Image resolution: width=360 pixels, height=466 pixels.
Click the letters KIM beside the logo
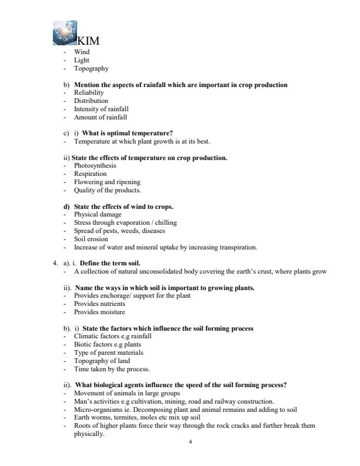pyautogui.click(x=88, y=41)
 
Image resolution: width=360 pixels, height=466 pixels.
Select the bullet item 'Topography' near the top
pyautogui.click(x=91, y=68)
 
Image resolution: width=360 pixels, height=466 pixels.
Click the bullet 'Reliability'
pyautogui.click(x=89, y=93)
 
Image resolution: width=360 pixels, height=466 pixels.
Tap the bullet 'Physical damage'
pyautogui.click(x=96, y=215)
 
